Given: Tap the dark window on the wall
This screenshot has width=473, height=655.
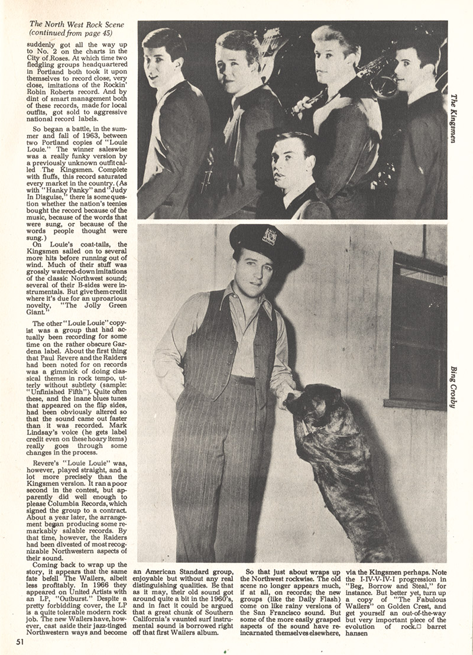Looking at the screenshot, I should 418,331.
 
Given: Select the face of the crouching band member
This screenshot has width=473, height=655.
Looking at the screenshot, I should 291,167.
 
